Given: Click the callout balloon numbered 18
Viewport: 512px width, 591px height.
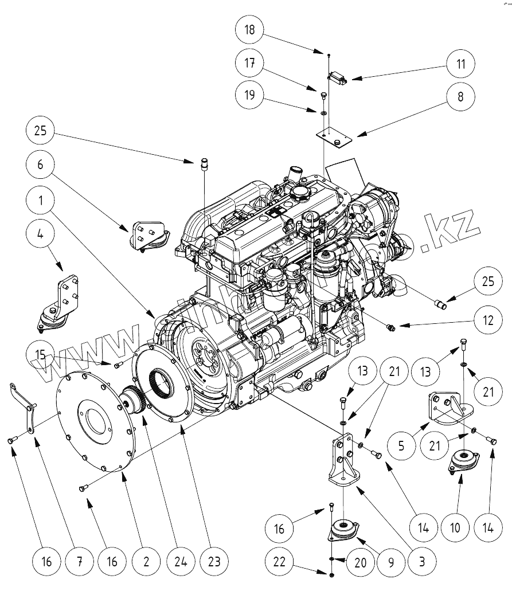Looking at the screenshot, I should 250,29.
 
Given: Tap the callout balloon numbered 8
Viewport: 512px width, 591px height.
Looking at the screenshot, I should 460,97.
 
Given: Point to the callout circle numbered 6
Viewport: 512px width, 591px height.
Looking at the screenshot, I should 40,165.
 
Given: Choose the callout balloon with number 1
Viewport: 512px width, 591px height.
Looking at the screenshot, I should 40,201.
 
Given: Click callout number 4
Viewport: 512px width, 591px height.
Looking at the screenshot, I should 40,234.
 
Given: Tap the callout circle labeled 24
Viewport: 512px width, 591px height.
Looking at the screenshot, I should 179,562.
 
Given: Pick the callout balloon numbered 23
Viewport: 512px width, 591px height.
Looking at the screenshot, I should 214,562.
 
